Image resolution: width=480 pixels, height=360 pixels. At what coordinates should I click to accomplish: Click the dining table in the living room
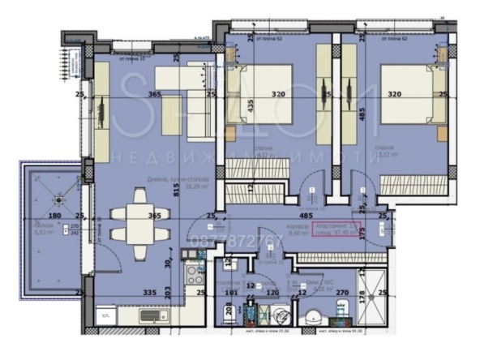(142, 221)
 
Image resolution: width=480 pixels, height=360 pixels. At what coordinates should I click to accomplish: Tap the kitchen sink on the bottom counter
(153, 316)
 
